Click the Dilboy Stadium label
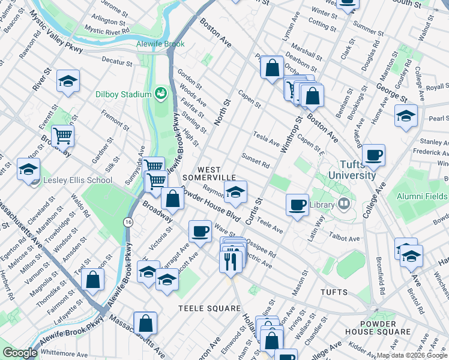click(123, 94)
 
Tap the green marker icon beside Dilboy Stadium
click(160, 93)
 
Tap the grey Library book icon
click(343, 205)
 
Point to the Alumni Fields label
click(421, 196)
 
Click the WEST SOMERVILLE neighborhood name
click(209, 174)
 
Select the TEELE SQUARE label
click(209, 308)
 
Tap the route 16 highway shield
click(129, 222)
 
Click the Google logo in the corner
click(19, 353)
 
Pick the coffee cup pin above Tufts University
click(373, 155)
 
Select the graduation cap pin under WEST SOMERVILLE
click(235, 192)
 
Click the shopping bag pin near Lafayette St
click(92, 279)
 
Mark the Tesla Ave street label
click(267, 139)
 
